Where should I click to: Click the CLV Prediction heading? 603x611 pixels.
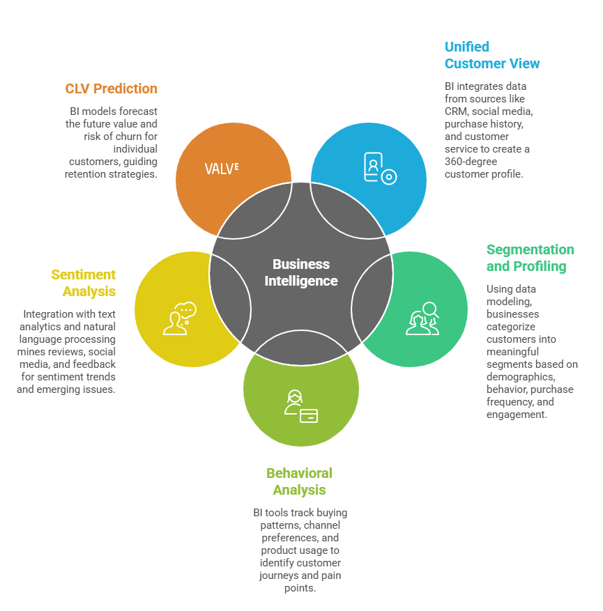[112, 88]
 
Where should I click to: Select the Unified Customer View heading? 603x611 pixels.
[492, 55]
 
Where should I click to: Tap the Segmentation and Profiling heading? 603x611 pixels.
[530, 258]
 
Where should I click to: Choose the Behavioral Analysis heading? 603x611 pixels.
[299, 481]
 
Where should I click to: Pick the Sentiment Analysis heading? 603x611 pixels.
[84, 283]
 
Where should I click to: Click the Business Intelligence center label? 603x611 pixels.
[301, 272]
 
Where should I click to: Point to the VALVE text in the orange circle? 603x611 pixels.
[222, 168]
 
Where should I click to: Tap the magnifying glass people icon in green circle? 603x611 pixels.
[422, 318]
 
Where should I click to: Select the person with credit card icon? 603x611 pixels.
[300, 407]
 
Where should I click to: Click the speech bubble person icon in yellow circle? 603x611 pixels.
[180, 318]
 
